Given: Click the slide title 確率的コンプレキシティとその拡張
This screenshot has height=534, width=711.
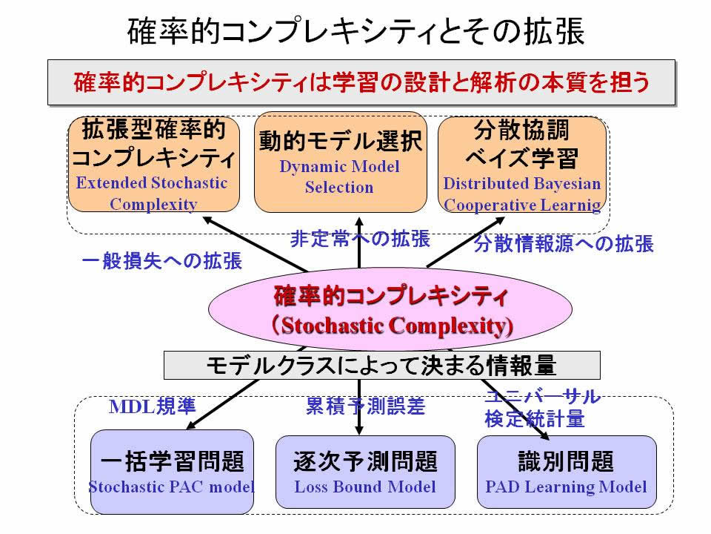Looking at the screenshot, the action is pyautogui.click(x=356, y=31).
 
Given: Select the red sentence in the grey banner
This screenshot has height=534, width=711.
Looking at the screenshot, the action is pyautogui.click(x=361, y=82).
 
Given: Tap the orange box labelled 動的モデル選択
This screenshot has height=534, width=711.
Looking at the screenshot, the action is pyautogui.click(x=340, y=162).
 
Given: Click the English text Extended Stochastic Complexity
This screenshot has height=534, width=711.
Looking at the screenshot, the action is pyautogui.click(x=153, y=194).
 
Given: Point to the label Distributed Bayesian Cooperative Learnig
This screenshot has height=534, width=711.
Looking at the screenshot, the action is pyautogui.click(x=522, y=194).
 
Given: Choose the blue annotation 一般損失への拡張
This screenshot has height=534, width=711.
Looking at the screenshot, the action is pyautogui.click(x=162, y=260).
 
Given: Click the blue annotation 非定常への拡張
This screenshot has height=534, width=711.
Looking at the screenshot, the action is pyautogui.click(x=360, y=239).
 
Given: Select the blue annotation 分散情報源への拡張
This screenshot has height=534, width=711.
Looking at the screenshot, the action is pyautogui.click(x=564, y=243).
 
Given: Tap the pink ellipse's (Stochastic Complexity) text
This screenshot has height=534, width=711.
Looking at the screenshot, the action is pyautogui.click(x=393, y=326).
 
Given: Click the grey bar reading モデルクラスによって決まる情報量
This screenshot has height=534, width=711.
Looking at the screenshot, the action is pyautogui.click(x=382, y=365).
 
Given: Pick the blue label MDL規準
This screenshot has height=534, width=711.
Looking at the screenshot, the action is pyautogui.click(x=153, y=406).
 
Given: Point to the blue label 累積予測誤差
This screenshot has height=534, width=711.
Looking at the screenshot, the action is pyautogui.click(x=365, y=406).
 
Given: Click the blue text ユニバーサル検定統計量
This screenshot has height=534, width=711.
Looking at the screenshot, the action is pyautogui.click(x=542, y=408).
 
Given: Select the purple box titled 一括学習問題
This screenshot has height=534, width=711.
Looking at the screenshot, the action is pyautogui.click(x=172, y=472).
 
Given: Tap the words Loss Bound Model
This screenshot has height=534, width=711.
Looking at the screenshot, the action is pyautogui.click(x=365, y=487).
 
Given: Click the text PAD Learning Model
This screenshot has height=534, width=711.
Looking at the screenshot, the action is pyautogui.click(x=566, y=487).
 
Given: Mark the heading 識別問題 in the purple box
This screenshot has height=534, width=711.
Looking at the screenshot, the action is pyautogui.click(x=566, y=461).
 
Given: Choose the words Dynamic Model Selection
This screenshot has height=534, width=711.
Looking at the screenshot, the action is pyautogui.click(x=340, y=177).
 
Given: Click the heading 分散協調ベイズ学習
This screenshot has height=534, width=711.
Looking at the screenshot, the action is pyautogui.click(x=522, y=144).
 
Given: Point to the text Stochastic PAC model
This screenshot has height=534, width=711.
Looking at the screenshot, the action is pyautogui.click(x=171, y=487).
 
